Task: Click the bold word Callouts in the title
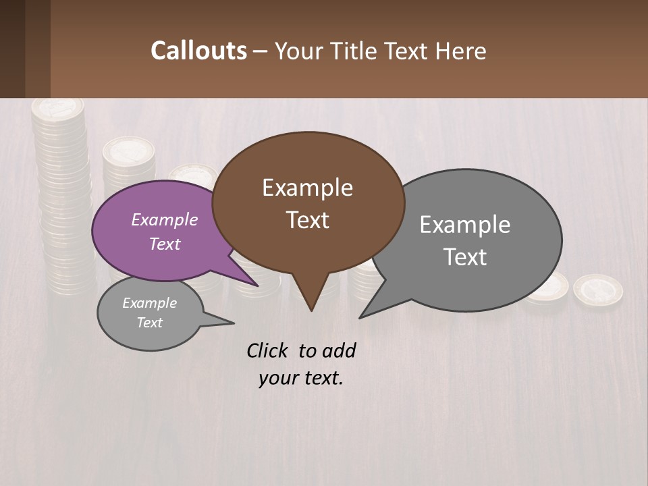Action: coord(198,51)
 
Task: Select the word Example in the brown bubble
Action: coord(307,188)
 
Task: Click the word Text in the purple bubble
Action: coord(165,244)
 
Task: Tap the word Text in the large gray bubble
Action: coord(465,257)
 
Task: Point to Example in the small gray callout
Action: coord(149,303)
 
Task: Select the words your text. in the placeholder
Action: coord(300,378)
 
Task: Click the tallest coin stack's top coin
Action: coord(58,107)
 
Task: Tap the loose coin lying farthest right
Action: coord(597,288)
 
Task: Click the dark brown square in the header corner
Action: coord(24,49)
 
